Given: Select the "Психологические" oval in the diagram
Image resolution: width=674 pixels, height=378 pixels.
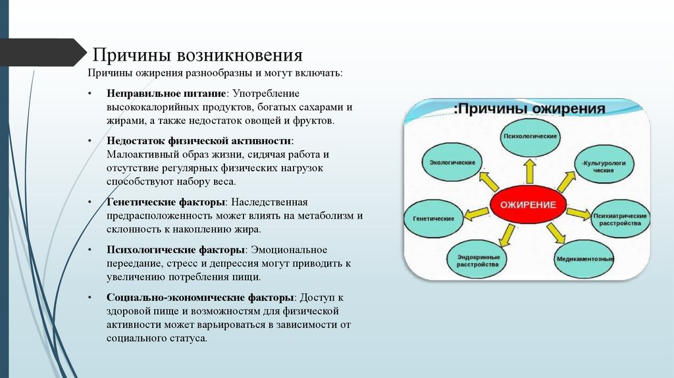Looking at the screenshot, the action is click(530, 136).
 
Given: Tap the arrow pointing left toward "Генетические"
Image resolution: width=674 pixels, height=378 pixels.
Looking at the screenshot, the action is click(477, 213).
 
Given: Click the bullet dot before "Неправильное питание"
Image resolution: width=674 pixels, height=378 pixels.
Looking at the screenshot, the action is click(90, 94).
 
